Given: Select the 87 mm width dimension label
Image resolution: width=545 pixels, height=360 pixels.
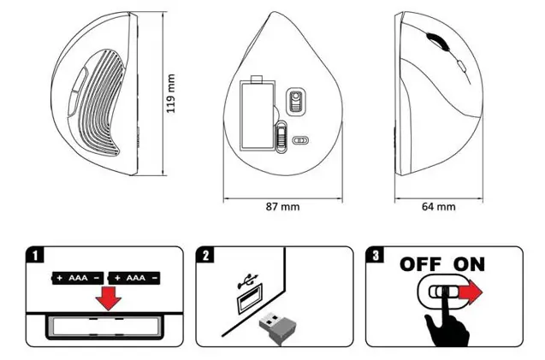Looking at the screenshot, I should (284, 206).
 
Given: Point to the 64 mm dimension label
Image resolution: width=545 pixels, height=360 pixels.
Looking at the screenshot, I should (438, 206).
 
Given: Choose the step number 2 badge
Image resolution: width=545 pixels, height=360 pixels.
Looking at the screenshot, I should (206, 255).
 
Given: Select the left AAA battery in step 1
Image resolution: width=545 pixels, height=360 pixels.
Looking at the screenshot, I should (79, 279).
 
